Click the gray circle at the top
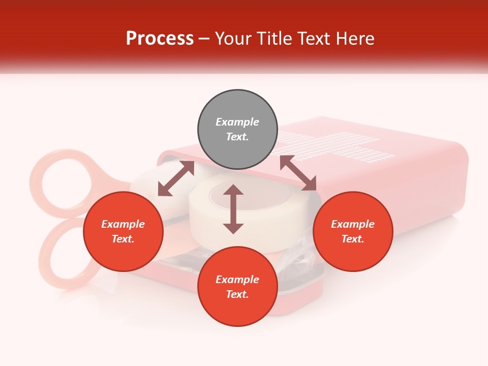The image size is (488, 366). point(237,130)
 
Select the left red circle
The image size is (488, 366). point(123,231)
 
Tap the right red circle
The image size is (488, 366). point(353,231)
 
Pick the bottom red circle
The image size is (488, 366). point(237,287)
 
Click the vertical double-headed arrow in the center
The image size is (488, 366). point(233,209)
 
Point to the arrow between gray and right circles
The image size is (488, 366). point(298,173)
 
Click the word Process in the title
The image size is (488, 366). point(160,39)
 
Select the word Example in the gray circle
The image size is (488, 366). point(237,122)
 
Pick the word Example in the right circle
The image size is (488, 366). point(353,224)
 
